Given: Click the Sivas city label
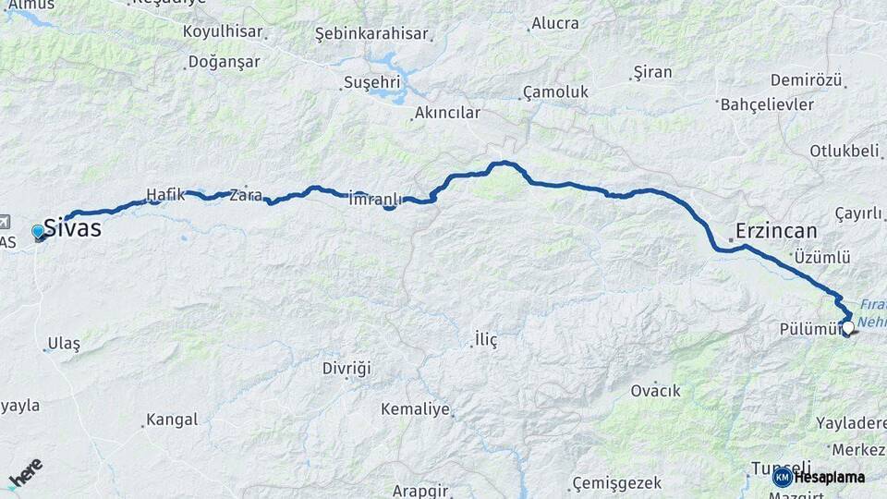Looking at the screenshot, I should pyautogui.click(x=73, y=228).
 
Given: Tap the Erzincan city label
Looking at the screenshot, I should pyautogui.click(x=777, y=231).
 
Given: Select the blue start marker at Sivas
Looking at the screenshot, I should pyautogui.click(x=38, y=231).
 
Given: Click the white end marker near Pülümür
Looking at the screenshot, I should pyautogui.click(x=847, y=326).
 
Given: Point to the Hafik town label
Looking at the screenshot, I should pyautogui.click(x=165, y=195).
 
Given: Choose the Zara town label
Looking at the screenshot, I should pyautogui.click(x=246, y=195).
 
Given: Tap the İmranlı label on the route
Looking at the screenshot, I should pyautogui.click(x=376, y=199).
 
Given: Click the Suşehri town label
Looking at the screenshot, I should pyautogui.click(x=372, y=82).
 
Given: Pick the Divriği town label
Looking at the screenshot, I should pyautogui.click(x=346, y=368).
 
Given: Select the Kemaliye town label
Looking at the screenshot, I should pyautogui.click(x=415, y=408).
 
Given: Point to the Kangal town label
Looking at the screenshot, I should pyautogui.click(x=172, y=420).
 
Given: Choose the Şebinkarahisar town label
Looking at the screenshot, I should pyautogui.click(x=372, y=34).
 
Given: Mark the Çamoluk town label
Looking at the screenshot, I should pyautogui.click(x=555, y=92).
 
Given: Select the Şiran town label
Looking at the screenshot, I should pyautogui.click(x=652, y=72).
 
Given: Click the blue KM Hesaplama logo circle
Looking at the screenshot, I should pyautogui.click(x=782, y=477).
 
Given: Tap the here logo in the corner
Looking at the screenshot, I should pyautogui.click(x=25, y=473).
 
